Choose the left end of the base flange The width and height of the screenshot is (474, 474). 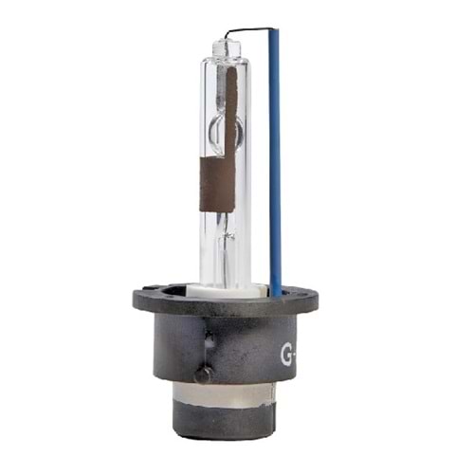coord(138,301)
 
